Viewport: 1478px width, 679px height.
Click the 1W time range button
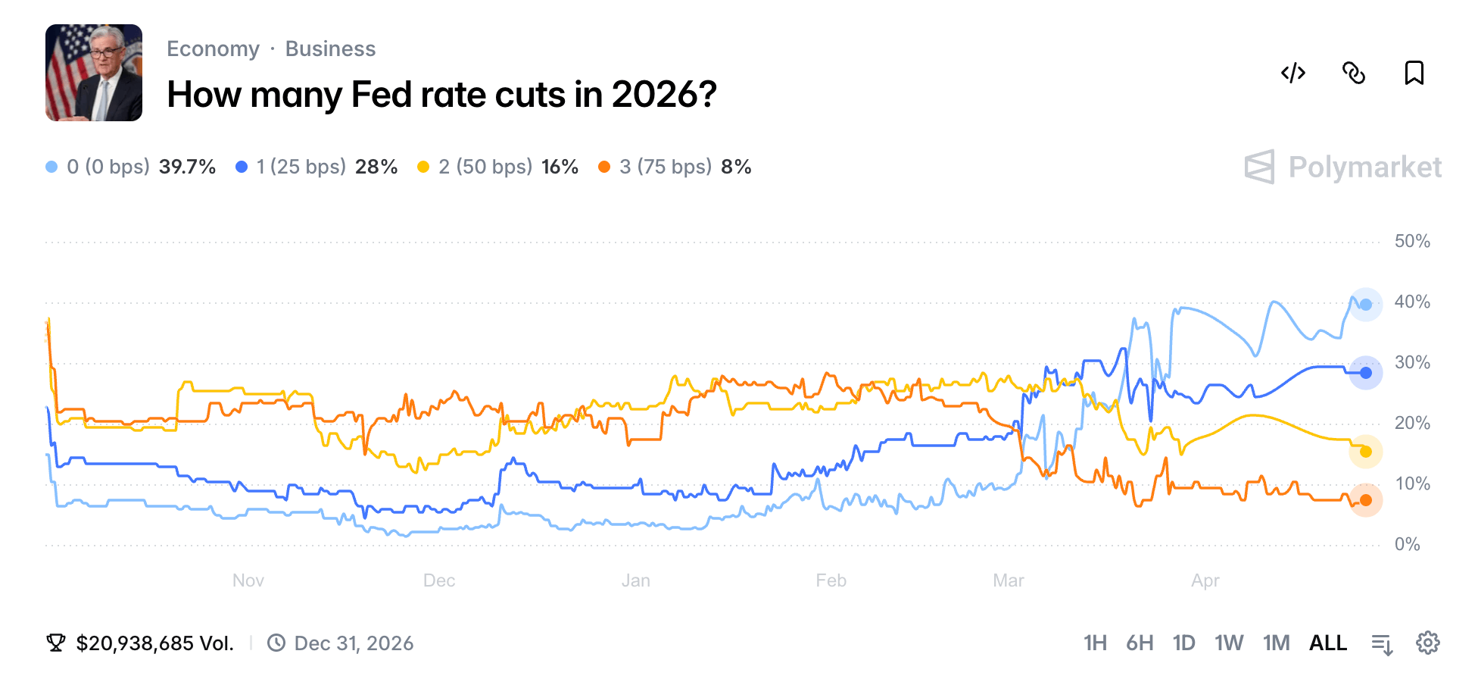click(x=1229, y=643)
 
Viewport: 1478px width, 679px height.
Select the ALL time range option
click(x=1328, y=643)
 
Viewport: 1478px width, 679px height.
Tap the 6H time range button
click(x=1140, y=643)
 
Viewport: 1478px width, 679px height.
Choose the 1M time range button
click(x=1276, y=643)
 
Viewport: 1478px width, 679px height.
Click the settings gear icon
click(x=1427, y=643)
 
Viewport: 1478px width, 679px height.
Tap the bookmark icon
click(x=1414, y=74)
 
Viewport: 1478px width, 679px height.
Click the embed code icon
click(x=1293, y=74)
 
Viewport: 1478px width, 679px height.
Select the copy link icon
click(x=1354, y=74)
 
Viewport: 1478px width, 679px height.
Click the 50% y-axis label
click(x=1412, y=242)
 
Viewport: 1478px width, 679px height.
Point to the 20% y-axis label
click(x=1412, y=424)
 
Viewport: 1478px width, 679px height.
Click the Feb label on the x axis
click(x=831, y=581)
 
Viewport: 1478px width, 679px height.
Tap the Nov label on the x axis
click(x=248, y=581)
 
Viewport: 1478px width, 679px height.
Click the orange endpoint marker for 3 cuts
click(x=1366, y=500)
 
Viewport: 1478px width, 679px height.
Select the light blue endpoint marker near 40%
click(x=1366, y=305)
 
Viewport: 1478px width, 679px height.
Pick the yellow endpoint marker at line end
click(x=1366, y=452)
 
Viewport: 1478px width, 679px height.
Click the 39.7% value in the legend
click(x=187, y=167)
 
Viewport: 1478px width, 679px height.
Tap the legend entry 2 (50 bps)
click(x=485, y=167)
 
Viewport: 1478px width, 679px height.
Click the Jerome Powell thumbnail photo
click(x=94, y=73)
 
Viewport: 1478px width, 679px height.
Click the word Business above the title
click(x=330, y=49)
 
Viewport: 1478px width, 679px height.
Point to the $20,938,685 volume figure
click(x=154, y=643)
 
